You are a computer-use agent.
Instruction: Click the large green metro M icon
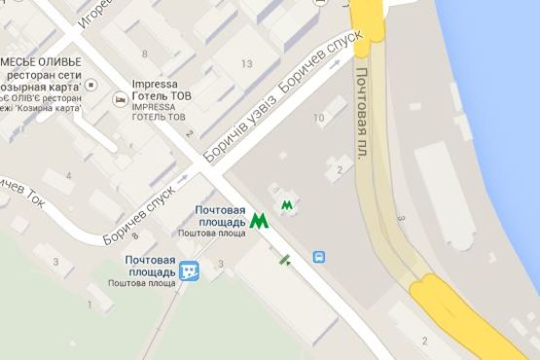[x=258, y=221]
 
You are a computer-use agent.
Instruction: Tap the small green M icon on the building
[x=287, y=205]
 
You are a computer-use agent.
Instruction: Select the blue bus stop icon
[x=319, y=258]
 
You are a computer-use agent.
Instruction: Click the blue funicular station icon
[x=191, y=270]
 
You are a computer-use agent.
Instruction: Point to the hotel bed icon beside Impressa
[x=118, y=98]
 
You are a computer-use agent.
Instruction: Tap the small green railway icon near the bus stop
[x=284, y=259]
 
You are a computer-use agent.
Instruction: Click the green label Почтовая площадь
[x=220, y=216]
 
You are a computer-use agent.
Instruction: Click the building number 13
[x=245, y=64]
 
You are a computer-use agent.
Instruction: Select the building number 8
[x=145, y=54]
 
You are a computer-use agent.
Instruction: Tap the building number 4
[x=69, y=176]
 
